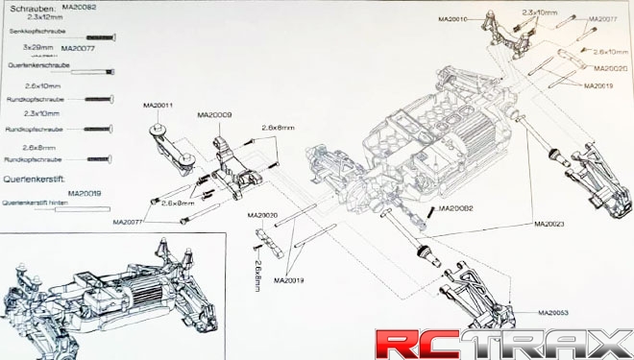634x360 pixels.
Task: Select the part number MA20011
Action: (157, 105)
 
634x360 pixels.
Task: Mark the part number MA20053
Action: (553, 313)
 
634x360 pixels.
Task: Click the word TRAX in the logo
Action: (537, 343)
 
